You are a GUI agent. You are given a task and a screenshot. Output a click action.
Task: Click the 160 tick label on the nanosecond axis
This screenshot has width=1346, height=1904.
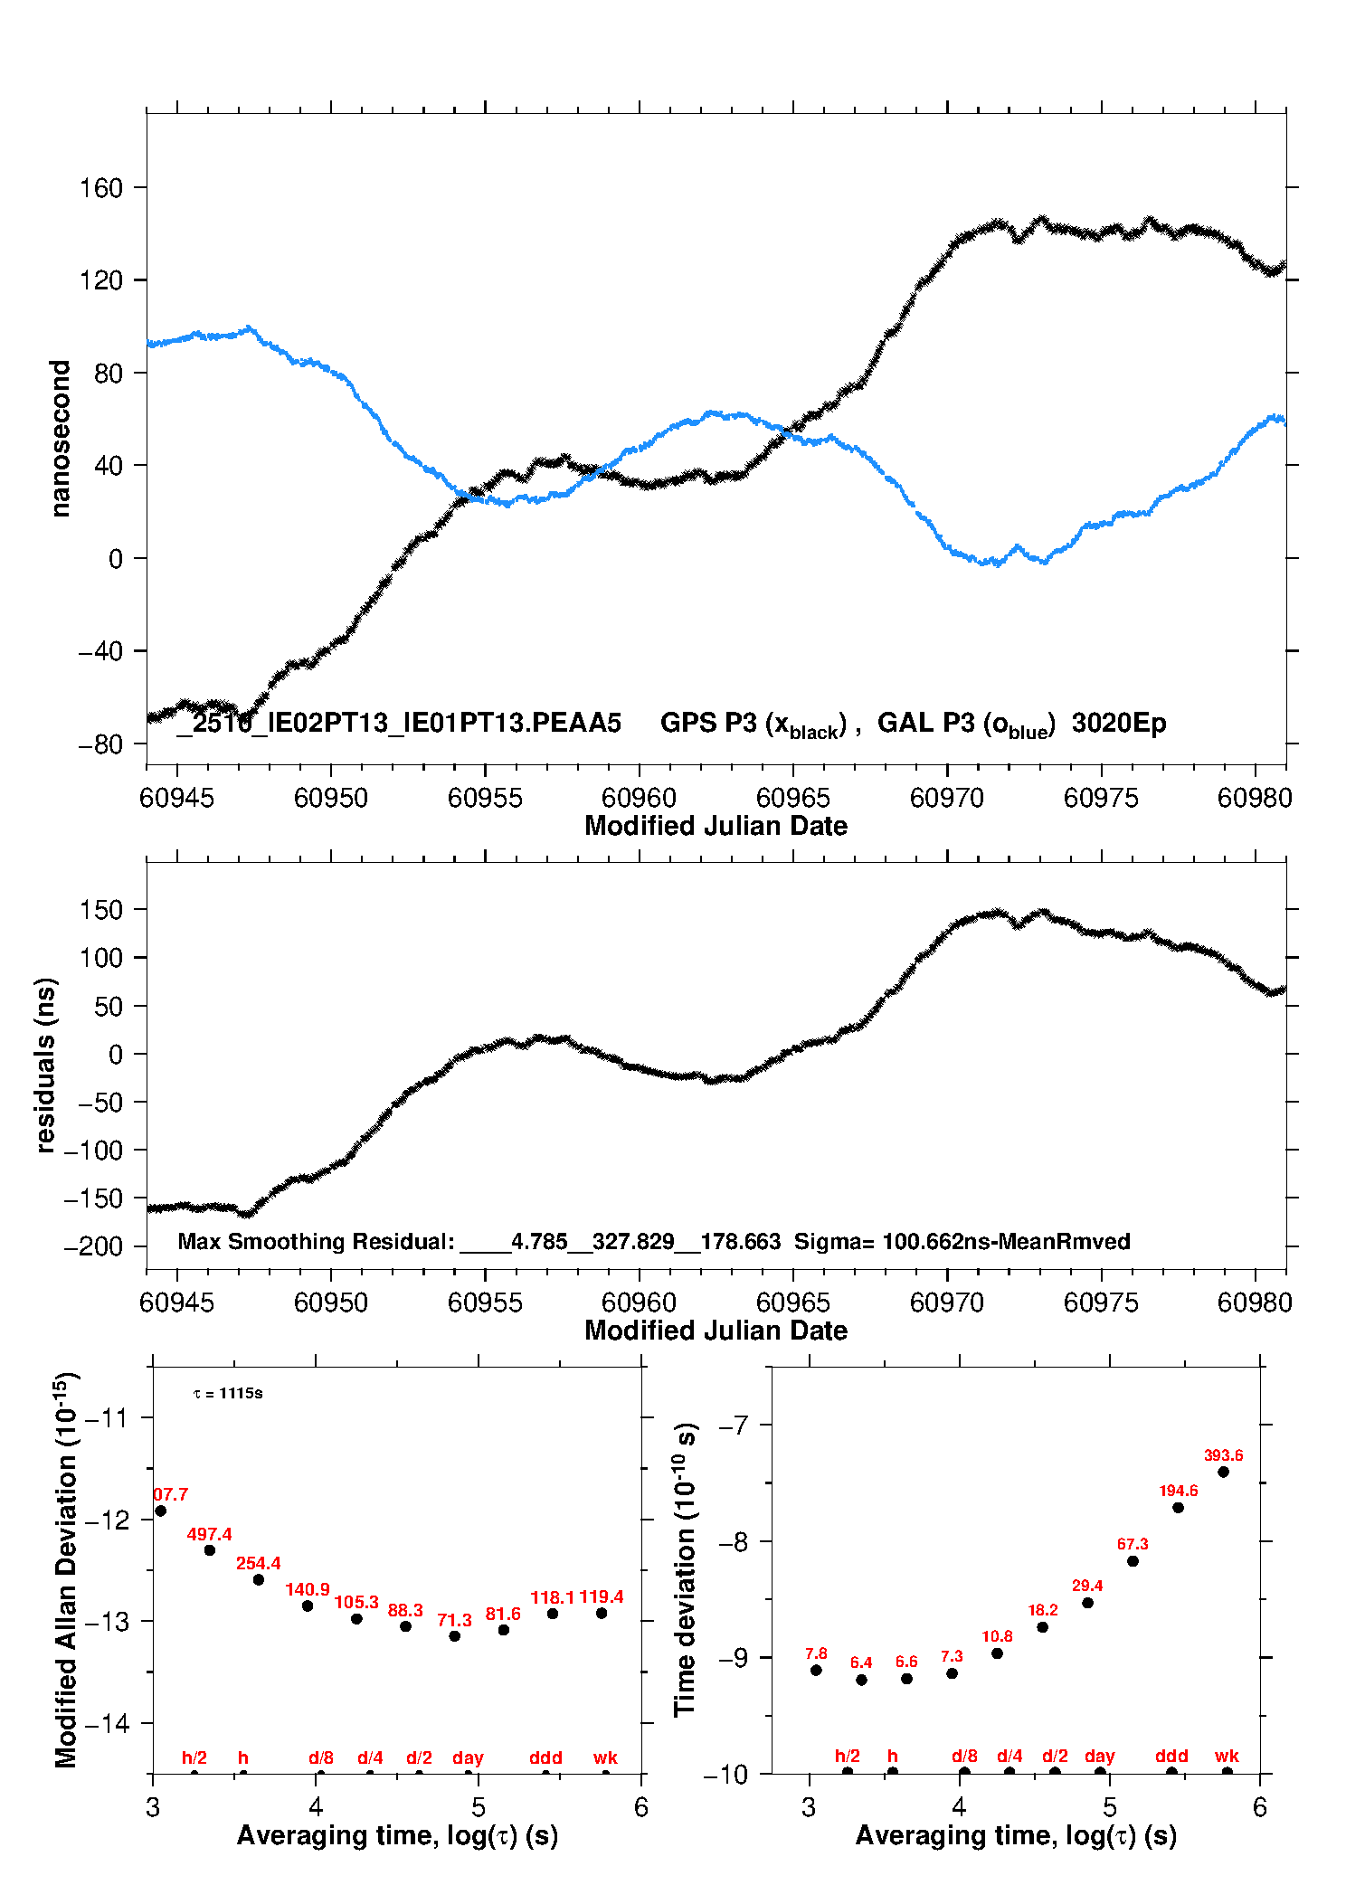100,188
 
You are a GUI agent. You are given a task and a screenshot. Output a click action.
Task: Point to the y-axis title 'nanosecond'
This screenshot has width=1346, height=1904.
60,439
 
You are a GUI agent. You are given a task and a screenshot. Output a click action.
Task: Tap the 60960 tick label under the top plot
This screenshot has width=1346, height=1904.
639,798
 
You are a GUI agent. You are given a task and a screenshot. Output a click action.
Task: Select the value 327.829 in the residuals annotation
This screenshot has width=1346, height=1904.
633,1241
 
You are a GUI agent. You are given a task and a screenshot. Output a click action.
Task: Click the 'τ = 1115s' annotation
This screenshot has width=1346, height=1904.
228,1393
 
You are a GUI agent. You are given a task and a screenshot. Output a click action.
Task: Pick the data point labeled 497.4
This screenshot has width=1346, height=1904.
210,1549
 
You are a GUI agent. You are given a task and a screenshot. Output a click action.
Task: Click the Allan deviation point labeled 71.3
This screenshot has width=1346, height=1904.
455,1635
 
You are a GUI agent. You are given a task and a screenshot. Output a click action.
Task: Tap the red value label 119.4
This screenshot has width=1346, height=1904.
602,1596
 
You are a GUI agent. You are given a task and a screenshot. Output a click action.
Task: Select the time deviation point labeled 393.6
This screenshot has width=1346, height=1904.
1223,1472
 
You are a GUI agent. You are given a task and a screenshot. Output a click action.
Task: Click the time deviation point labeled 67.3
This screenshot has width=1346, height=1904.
1133,1560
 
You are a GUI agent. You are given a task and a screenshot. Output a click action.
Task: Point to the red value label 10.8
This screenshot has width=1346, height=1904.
997,1635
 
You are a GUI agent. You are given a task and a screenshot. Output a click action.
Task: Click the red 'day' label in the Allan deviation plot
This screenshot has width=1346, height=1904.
468,1757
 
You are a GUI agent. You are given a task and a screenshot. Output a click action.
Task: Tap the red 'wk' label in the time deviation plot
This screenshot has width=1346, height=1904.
1227,1756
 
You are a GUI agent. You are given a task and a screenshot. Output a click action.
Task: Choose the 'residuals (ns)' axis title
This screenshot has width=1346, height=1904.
45,1066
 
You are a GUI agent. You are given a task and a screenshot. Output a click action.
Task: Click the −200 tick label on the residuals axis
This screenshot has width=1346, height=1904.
93,1246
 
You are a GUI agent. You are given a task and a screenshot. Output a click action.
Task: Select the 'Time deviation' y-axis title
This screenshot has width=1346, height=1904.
686,1571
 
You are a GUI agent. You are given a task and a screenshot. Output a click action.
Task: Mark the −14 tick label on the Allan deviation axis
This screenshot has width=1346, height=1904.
107,1723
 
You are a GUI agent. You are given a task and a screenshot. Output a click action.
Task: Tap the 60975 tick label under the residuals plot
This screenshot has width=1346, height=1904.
1101,1302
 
